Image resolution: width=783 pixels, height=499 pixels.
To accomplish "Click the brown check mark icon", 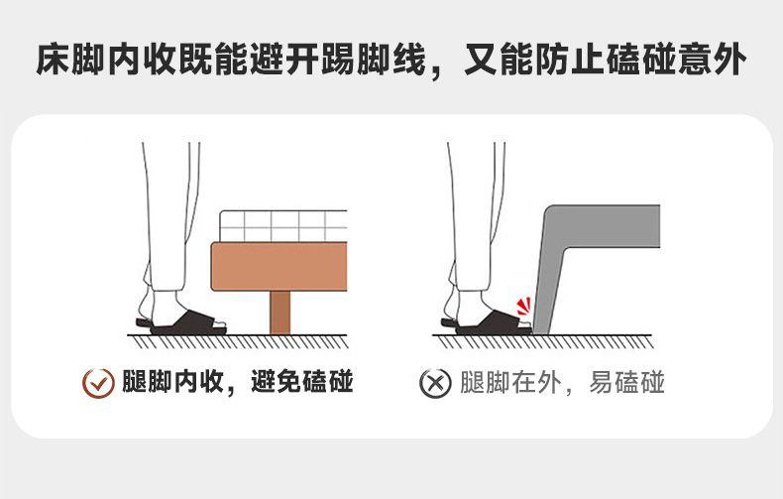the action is (98, 383).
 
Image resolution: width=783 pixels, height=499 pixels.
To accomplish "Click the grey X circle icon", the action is (435, 383).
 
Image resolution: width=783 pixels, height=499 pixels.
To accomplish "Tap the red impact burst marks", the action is (523, 307).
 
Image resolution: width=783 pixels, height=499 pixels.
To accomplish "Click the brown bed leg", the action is (280, 312).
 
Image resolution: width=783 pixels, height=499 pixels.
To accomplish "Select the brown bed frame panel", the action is (280, 267).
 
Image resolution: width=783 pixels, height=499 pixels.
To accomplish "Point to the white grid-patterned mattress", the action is (283, 226).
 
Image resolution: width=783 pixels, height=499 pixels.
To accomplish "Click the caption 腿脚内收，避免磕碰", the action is (238, 382).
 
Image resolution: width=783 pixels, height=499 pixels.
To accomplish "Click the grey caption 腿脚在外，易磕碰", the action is (562, 383).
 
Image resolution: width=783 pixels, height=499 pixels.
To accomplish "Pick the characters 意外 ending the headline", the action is (712, 60).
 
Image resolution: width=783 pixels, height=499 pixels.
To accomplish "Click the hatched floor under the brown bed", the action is (238, 341).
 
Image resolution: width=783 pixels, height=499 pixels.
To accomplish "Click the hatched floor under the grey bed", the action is (543, 341).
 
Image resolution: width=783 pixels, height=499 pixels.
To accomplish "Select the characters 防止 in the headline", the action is (571, 60).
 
